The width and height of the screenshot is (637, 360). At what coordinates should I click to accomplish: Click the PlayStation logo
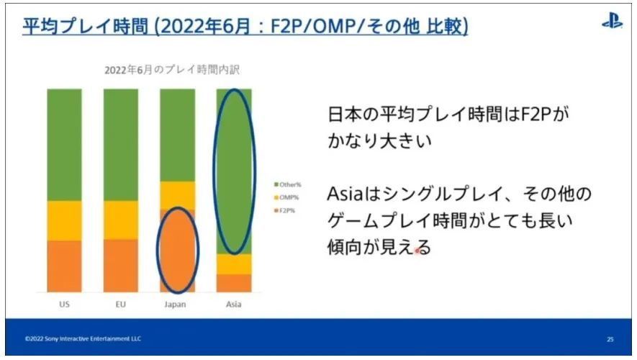pos(612,21)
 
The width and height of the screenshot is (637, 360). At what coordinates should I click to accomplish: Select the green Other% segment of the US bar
pos(64,145)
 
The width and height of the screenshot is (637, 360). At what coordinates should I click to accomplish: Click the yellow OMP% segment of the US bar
pos(64,220)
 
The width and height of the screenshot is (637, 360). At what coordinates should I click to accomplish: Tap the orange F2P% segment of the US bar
pos(64,266)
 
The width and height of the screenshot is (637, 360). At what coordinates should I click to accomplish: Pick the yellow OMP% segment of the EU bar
pos(121,220)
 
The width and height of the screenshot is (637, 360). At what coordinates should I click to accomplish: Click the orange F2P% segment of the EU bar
pos(121,266)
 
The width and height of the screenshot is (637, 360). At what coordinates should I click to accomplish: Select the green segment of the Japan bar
pos(178,135)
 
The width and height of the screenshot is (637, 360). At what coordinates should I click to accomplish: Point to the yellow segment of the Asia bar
pos(234,264)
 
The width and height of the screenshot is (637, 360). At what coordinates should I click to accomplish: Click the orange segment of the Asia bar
pos(234,283)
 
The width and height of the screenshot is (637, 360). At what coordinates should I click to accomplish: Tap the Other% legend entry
pos(288,184)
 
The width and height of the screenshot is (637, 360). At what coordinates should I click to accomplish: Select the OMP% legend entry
pos(286,197)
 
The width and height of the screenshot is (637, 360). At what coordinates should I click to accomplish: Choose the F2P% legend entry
pos(285,210)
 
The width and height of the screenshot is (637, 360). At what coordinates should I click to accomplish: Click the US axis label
pos(64,304)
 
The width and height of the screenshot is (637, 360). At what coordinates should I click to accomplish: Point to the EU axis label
pos(121,304)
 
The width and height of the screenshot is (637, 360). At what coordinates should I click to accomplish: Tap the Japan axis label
pos(175,304)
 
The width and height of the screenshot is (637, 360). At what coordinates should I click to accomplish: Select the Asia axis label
pos(234,304)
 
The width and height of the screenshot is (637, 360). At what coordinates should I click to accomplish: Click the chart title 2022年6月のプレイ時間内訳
pos(172,70)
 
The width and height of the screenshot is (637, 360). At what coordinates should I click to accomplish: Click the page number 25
pos(610,339)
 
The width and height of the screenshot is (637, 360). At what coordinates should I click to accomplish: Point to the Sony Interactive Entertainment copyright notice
pos(83,338)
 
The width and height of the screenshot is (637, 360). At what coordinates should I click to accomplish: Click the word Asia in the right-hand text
pos(345,194)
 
